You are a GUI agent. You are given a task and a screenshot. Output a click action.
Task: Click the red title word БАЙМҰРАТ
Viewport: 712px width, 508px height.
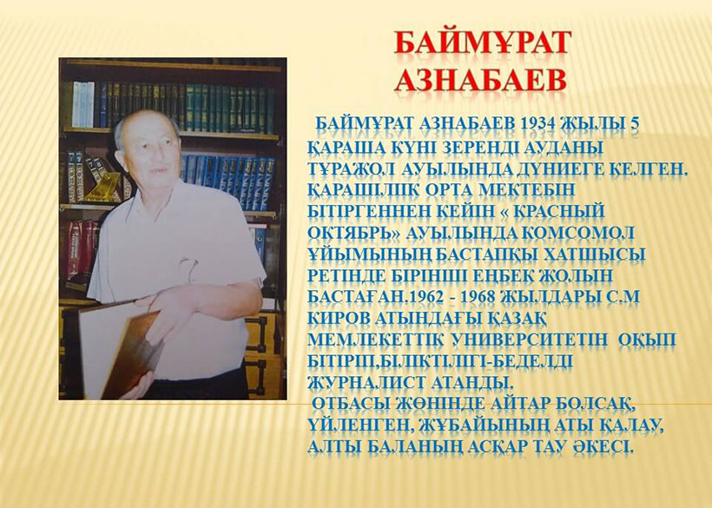click(482, 43)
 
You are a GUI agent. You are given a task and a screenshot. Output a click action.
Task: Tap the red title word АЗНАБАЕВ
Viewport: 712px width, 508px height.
click(481, 81)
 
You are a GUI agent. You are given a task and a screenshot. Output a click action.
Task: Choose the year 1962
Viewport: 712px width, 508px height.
click(427, 296)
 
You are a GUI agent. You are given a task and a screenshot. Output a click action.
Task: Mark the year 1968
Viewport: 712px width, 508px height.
click(478, 296)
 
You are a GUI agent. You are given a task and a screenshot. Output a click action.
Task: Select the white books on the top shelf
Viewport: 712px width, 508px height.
click(83, 104)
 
